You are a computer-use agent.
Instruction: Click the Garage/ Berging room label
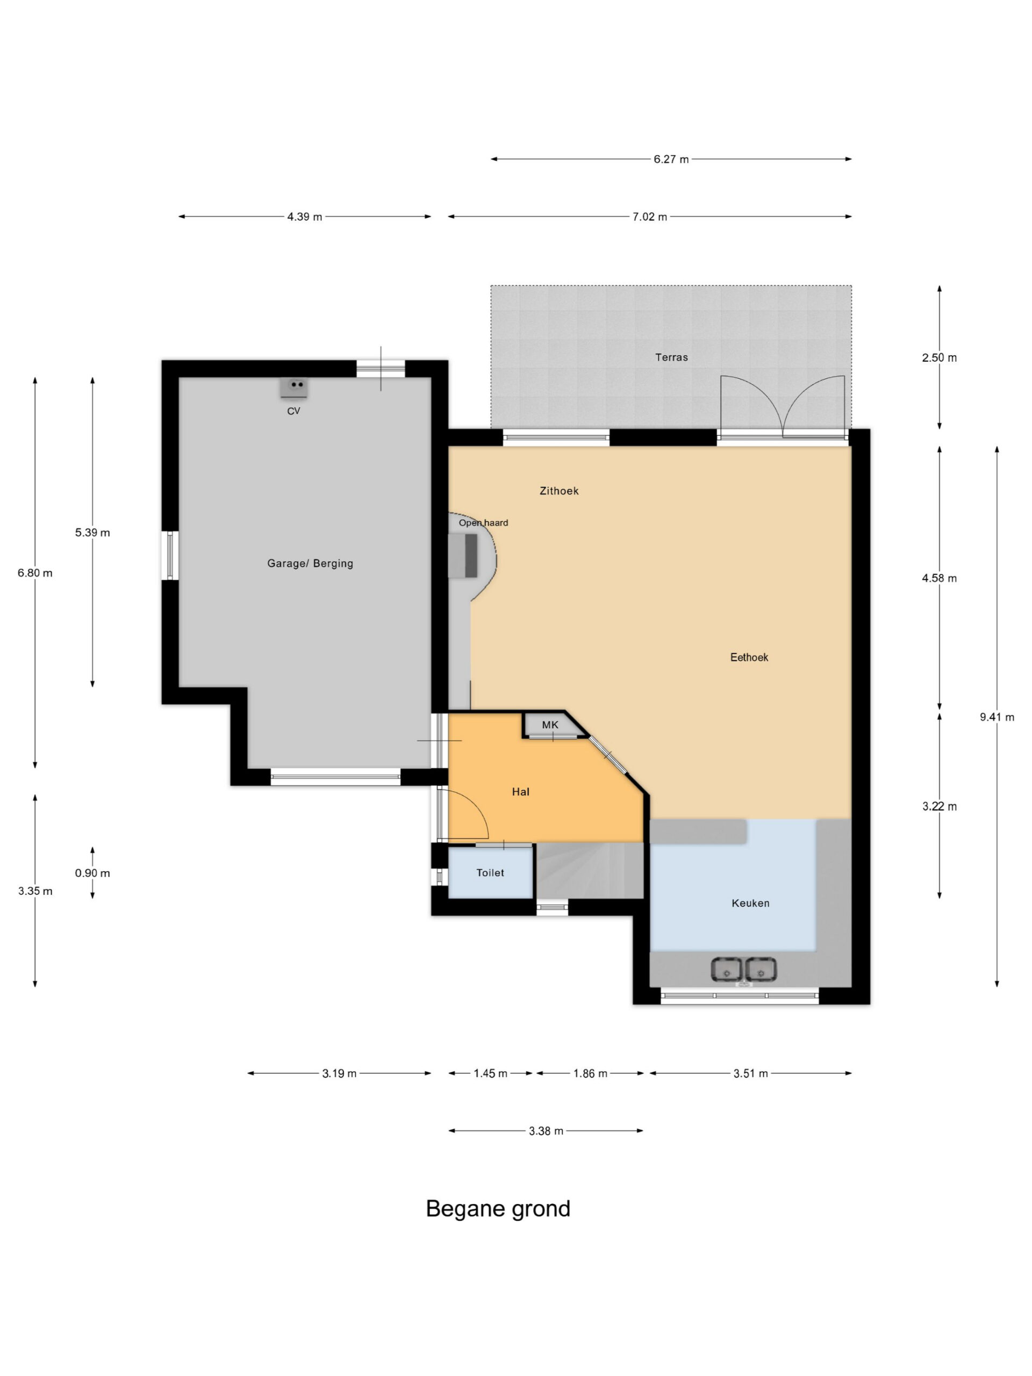click(310, 564)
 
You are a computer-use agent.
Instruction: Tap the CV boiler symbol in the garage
click(293, 388)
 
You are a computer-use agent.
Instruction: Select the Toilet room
click(490, 872)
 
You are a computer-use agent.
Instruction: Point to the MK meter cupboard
click(550, 725)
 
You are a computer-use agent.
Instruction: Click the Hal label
click(521, 792)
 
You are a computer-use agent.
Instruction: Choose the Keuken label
click(750, 903)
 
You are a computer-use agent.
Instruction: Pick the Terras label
click(671, 357)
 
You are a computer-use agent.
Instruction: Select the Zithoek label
click(559, 491)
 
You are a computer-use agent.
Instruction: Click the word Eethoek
click(749, 657)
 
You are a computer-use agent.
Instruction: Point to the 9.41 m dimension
click(997, 716)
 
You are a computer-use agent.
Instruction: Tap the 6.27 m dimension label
click(671, 159)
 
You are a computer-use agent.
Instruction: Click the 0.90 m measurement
click(92, 873)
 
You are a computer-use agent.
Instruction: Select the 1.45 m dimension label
click(490, 1073)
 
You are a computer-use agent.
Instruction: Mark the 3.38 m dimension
click(546, 1131)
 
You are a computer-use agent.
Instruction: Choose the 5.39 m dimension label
click(92, 533)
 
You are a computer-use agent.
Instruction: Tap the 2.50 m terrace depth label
click(940, 357)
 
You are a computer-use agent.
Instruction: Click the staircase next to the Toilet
click(590, 870)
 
